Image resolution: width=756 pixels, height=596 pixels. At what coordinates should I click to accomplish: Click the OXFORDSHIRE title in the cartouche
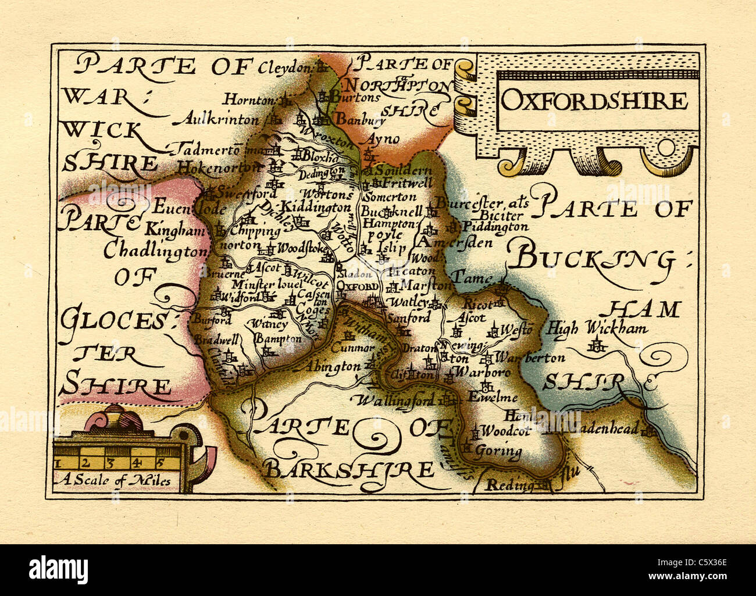point(594,101)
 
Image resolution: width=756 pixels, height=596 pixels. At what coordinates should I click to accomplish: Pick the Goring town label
point(498,451)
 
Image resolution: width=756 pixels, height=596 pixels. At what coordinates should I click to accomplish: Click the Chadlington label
point(155,251)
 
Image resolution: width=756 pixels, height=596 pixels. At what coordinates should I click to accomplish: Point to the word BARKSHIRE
point(348,469)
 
